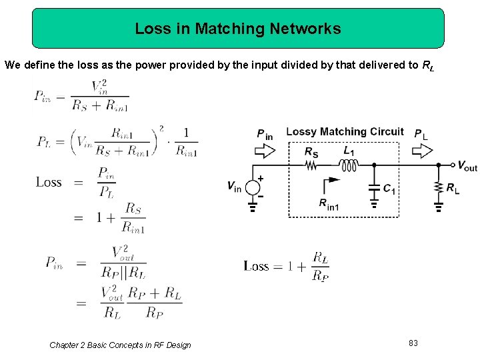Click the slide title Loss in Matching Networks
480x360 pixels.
[x=237, y=29]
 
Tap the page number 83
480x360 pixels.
[x=413, y=343]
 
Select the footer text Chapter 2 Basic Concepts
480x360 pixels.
[x=120, y=345]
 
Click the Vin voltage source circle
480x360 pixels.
[x=253, y=187]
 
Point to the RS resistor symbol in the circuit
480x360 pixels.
[x=311, y=165]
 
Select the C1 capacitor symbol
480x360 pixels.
[x=374, y=189]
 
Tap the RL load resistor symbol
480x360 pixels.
[x=438, y=189]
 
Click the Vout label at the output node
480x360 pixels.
[x=467, y=166]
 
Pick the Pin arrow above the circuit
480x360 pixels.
[x=265, y=151]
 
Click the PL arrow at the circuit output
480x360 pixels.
[x=421, y=151]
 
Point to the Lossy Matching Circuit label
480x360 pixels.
[x=345, y=132]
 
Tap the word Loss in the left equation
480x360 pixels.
[x=49, y=182]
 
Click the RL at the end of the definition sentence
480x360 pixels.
[x=427, y=65]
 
